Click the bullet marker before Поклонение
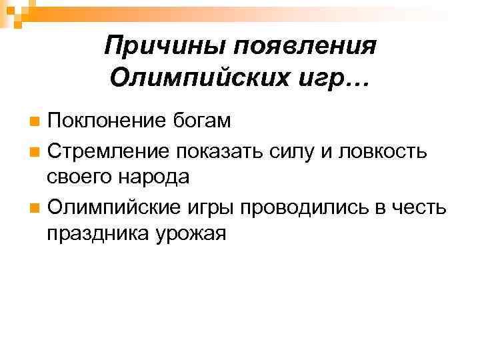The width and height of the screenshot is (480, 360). [35, 122]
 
